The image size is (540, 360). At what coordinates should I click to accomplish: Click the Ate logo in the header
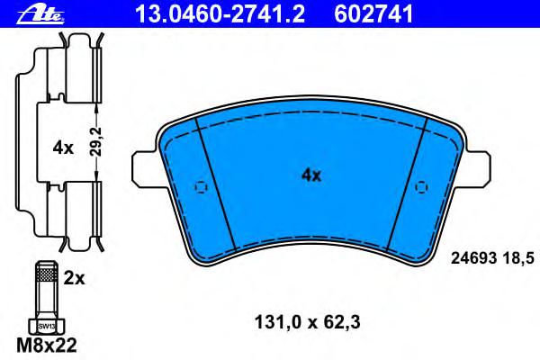pos(40,14)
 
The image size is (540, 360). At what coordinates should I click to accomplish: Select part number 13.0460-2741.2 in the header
pos(220,14)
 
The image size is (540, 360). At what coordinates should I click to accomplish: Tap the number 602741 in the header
pos(373,14)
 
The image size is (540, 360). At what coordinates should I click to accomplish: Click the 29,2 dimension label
pos(97,141)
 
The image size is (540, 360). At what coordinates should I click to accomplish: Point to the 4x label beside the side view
pos(63,148)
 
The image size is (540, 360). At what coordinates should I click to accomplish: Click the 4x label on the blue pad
pos(311,175)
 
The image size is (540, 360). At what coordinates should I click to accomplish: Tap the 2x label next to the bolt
pos(74,278)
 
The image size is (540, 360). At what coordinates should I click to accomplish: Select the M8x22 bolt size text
pos(47,346)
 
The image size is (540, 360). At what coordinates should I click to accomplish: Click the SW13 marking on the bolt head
pos(47,326)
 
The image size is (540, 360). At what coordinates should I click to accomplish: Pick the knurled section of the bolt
pos(47,274)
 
